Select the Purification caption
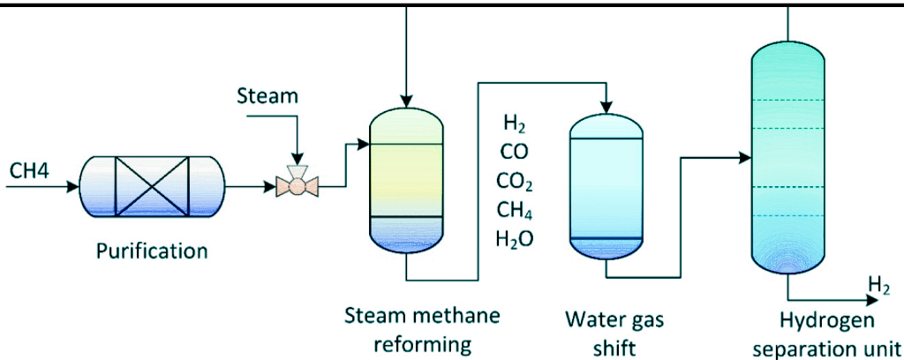pyautogui.click(x=152, y=251)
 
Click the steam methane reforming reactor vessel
pyautogui.click(x=405, y=180)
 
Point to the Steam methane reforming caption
pyautogui.click(x=421, y=327)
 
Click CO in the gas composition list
pyautogui.click(x=514, y=151)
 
